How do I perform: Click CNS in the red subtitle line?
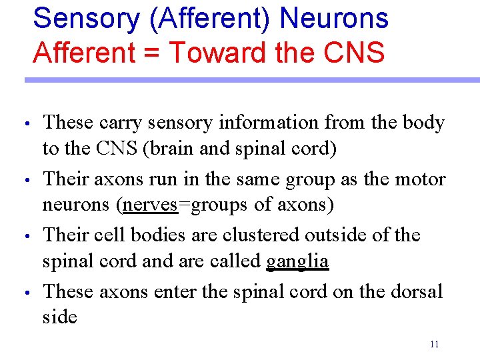click(353, 51)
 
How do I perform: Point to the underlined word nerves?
click(150, 205)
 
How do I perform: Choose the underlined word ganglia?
click(297, 261)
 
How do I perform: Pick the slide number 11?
click(434, 345)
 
